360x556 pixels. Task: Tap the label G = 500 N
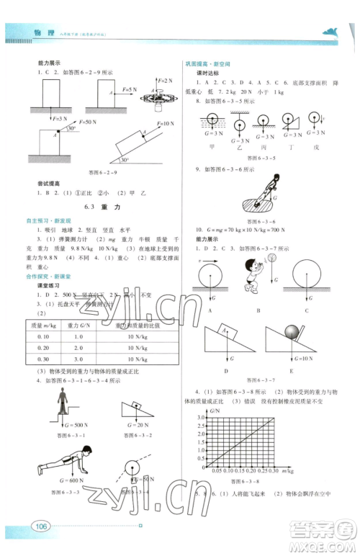click(x=61, y=426)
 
